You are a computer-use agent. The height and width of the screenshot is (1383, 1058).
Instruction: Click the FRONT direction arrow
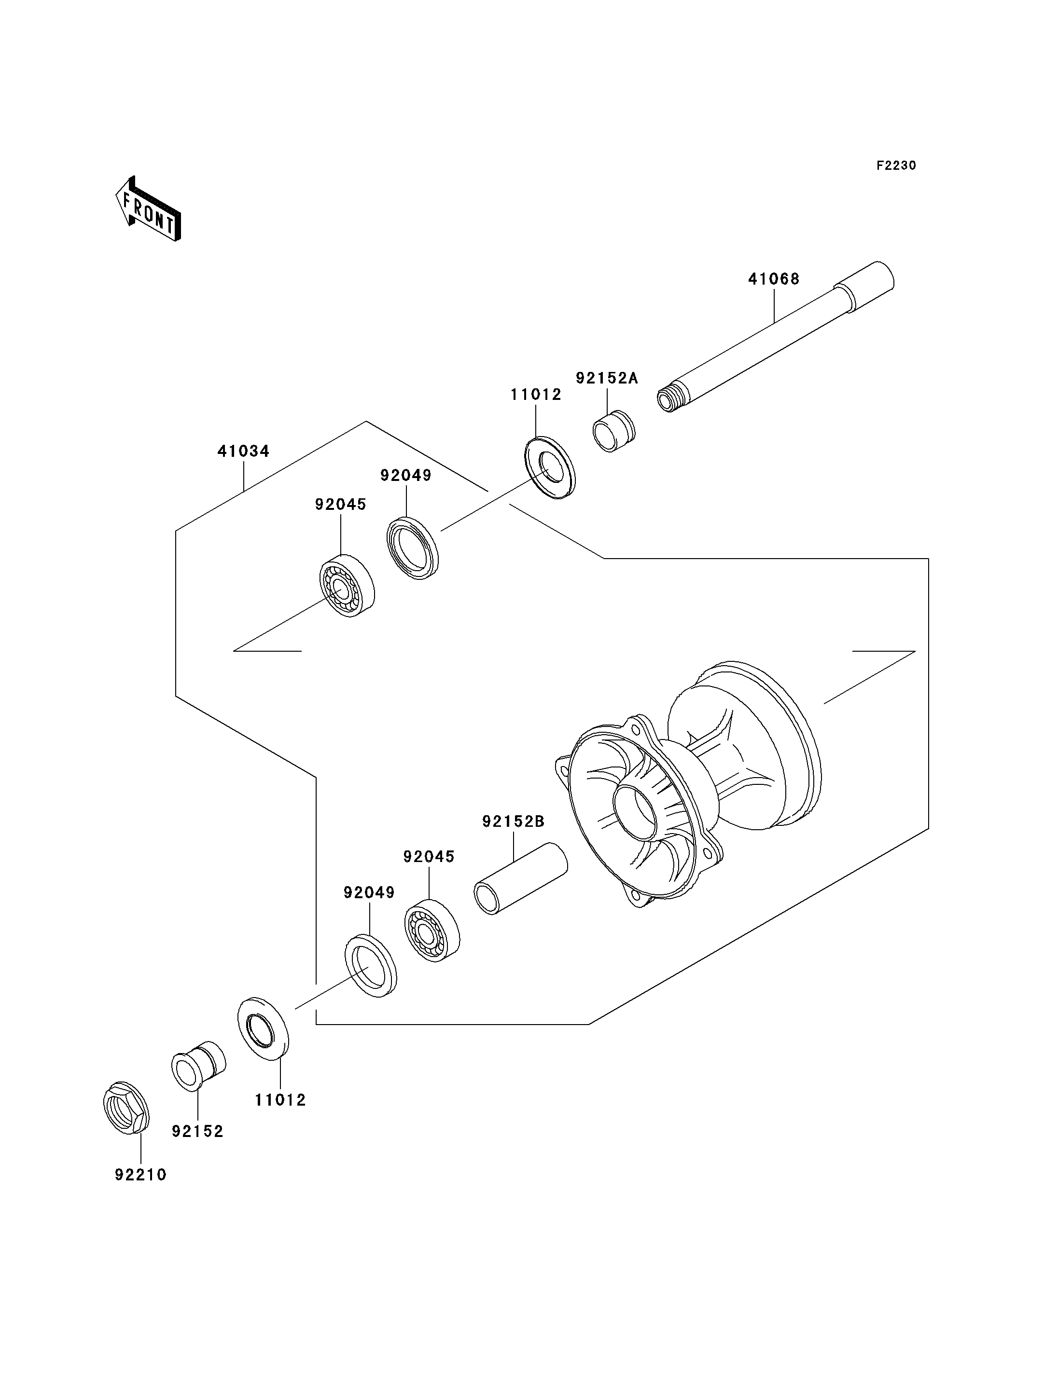148,209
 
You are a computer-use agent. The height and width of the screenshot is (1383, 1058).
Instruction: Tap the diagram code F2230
896,165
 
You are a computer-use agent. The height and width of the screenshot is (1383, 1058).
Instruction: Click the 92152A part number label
606,378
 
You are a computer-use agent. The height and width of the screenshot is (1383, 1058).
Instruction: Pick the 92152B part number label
513,822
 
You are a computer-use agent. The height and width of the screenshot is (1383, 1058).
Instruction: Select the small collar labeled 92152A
614,431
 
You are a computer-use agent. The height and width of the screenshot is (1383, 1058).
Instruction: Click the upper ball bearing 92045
347,586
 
